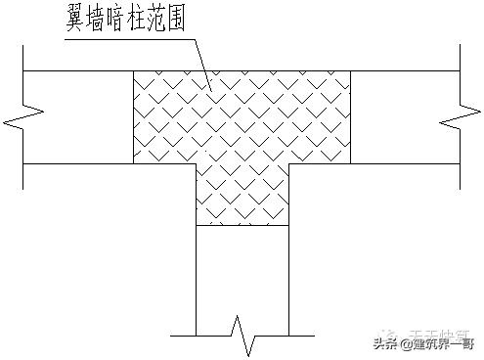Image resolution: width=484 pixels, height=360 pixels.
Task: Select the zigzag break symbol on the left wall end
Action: click(22, 121)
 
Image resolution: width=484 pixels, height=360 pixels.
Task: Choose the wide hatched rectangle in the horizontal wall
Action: click(242, 116)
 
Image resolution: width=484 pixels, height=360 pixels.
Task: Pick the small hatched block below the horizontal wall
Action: click(242, 194)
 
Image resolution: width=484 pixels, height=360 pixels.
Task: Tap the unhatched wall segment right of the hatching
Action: click(401, 116)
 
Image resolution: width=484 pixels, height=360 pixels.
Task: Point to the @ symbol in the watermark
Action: click(404, 343)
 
